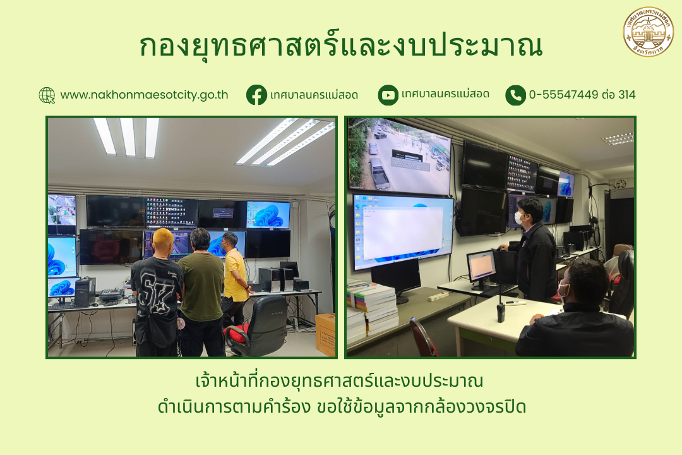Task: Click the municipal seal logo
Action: pos(649,32)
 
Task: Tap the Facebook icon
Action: pos(256,95)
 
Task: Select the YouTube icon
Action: pos(388,95)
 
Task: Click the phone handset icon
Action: pos(515,95)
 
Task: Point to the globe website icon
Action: pos(47,95)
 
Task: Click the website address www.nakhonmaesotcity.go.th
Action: pos(144,95)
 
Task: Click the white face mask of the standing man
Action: pos(518,217)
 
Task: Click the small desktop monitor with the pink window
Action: pos(481,265)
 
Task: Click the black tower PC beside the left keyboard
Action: pos(85,292)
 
